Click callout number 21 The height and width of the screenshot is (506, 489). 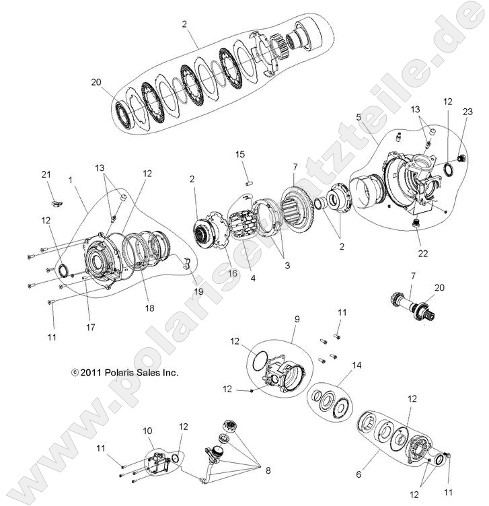pyautogui.click(x=46, y=175)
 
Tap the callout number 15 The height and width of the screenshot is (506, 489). pyautogui.click(x=240, y=155)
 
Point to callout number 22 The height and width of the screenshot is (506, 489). pyautogui.click(x=422, y=253)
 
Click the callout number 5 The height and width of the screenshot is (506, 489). pyautogui.click(x=359, y=116)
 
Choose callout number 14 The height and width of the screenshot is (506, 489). pyautogui.click(x=356, y=366)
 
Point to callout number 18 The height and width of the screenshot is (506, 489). pyautogui.click(x=149, y=308)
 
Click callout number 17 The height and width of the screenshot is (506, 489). pyautogui.click(x=90, y=327)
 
